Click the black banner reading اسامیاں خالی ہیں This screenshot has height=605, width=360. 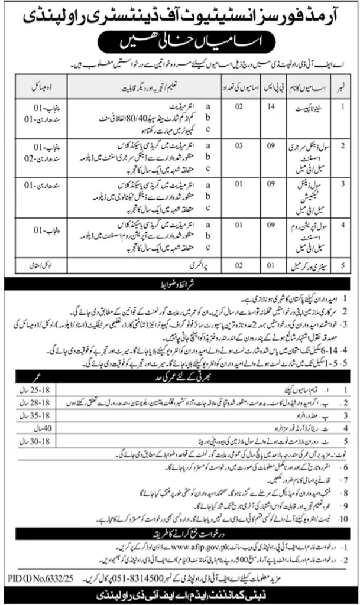(180, 43)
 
